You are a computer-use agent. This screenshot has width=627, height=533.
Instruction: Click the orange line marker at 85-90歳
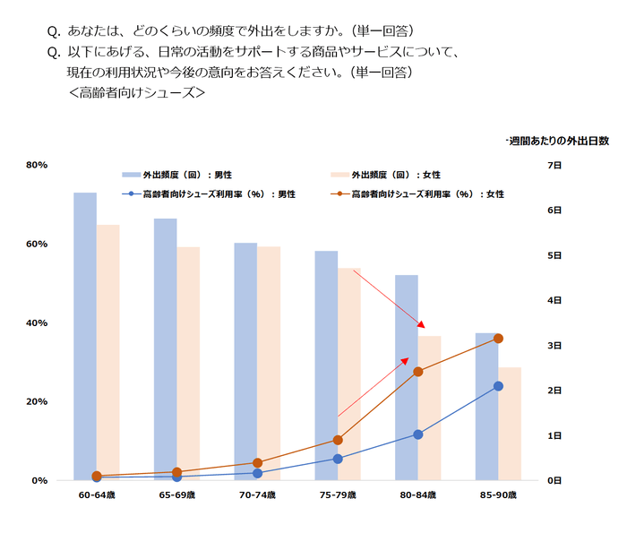coord(499,339)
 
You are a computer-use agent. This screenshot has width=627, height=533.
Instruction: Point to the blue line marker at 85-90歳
coord(499,386)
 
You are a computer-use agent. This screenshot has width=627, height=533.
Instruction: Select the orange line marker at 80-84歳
coord(418,371)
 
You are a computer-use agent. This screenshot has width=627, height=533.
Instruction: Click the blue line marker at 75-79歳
coord(338,459)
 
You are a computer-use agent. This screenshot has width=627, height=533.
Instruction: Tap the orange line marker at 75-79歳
coord(338,440)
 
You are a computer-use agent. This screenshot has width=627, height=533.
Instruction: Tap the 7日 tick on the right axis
coord(554,166)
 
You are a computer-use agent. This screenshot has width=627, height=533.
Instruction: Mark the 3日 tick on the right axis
coord(554,346)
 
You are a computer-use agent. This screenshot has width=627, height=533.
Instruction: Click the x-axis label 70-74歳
coord(257,494)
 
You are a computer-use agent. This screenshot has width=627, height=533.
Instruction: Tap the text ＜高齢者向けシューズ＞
coord(137,91)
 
